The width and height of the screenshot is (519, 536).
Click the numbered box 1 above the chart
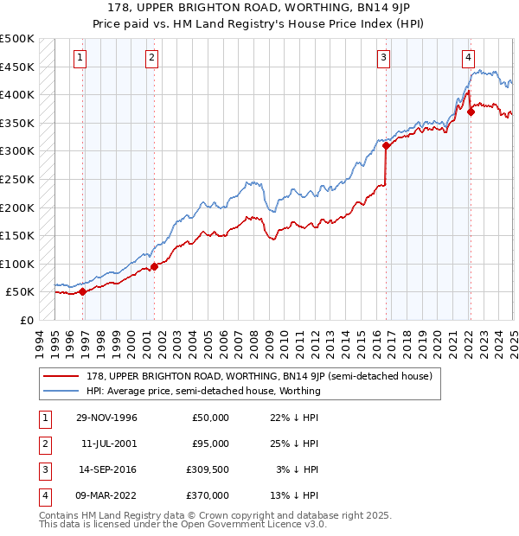[x=80, y=58]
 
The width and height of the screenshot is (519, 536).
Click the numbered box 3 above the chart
[x=383, y=58]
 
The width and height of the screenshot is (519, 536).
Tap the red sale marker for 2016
[x=387, y=146]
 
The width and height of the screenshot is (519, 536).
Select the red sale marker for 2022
[x=471, y=112]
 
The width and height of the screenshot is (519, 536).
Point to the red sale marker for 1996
[x=83, y=291]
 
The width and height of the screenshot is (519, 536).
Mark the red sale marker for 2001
[x=154, y=266]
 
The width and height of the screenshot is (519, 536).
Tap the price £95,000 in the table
[x=210, y=443]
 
